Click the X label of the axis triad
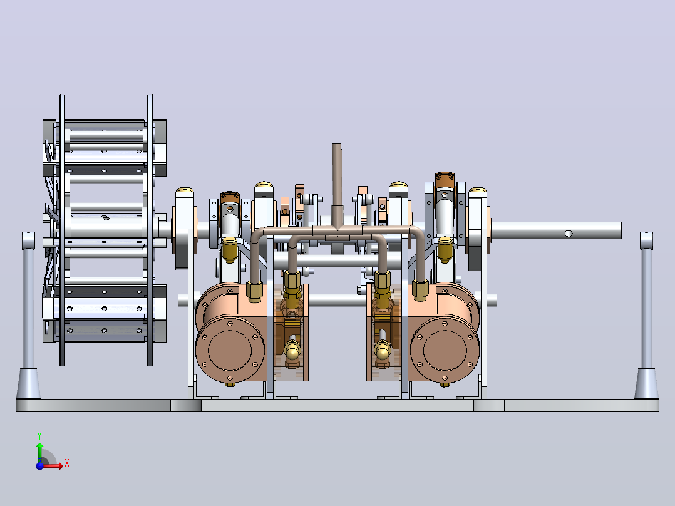click(67, 463)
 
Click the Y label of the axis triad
click(39, 435)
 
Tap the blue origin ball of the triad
click(39, 465)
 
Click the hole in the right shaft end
click(569, 234)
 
